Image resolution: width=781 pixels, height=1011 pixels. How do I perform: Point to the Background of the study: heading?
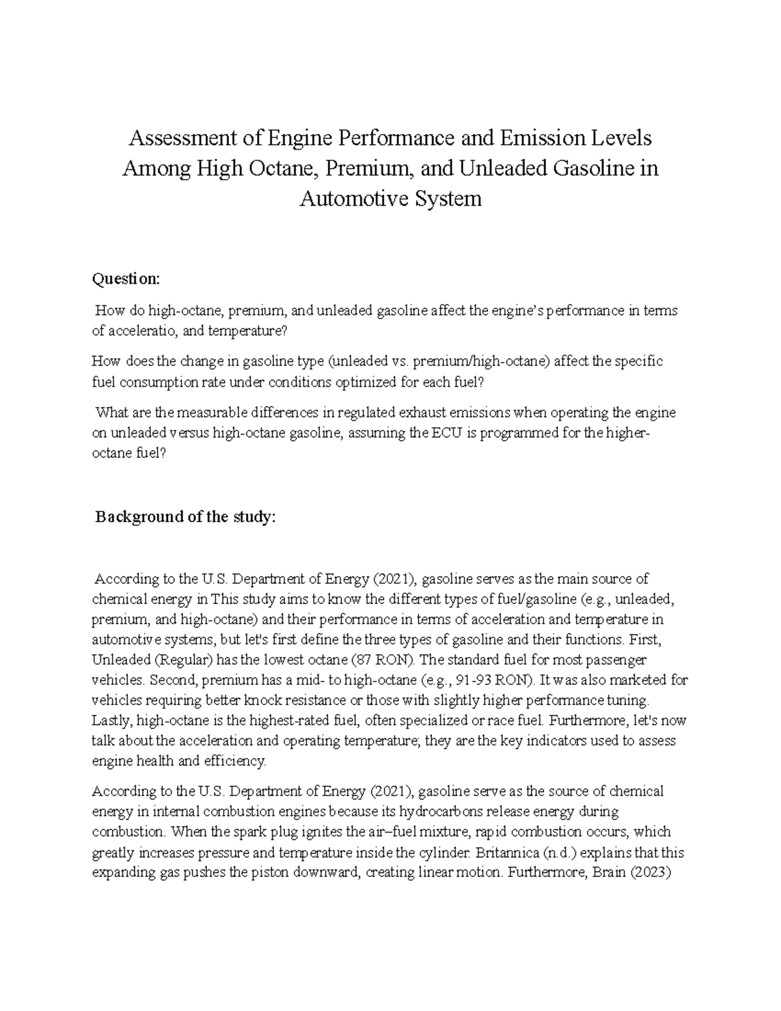point(185,517)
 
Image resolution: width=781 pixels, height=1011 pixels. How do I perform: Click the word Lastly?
point(111,721)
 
